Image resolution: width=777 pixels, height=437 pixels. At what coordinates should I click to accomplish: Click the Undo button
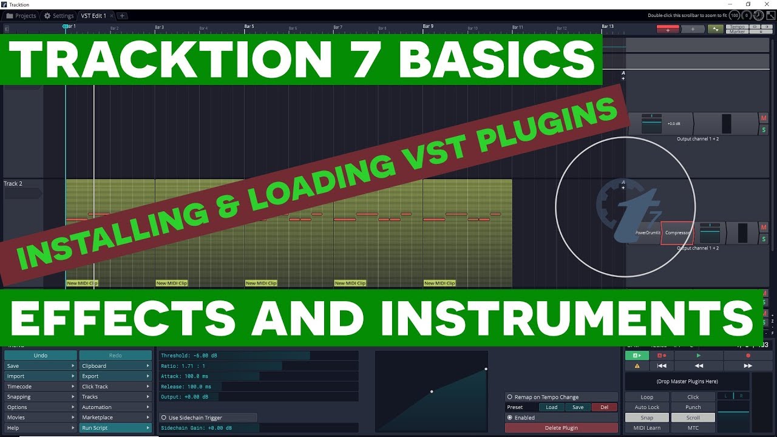point(41,355)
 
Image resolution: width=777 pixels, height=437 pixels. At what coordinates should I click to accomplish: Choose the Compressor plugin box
point(677,232)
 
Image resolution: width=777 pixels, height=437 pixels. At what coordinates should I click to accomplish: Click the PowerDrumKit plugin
point(647,232)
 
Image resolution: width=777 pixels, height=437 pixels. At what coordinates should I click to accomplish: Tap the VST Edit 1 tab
point(93,16)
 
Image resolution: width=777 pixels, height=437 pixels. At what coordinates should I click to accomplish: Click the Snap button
point(647,418)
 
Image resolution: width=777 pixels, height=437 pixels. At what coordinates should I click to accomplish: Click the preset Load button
point(551,407)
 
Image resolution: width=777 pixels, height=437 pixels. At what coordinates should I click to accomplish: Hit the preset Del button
point(604,407)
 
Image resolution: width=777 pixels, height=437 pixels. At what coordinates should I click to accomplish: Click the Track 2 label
point(13,184)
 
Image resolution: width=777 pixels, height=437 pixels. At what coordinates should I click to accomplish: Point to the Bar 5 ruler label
point(249,27)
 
